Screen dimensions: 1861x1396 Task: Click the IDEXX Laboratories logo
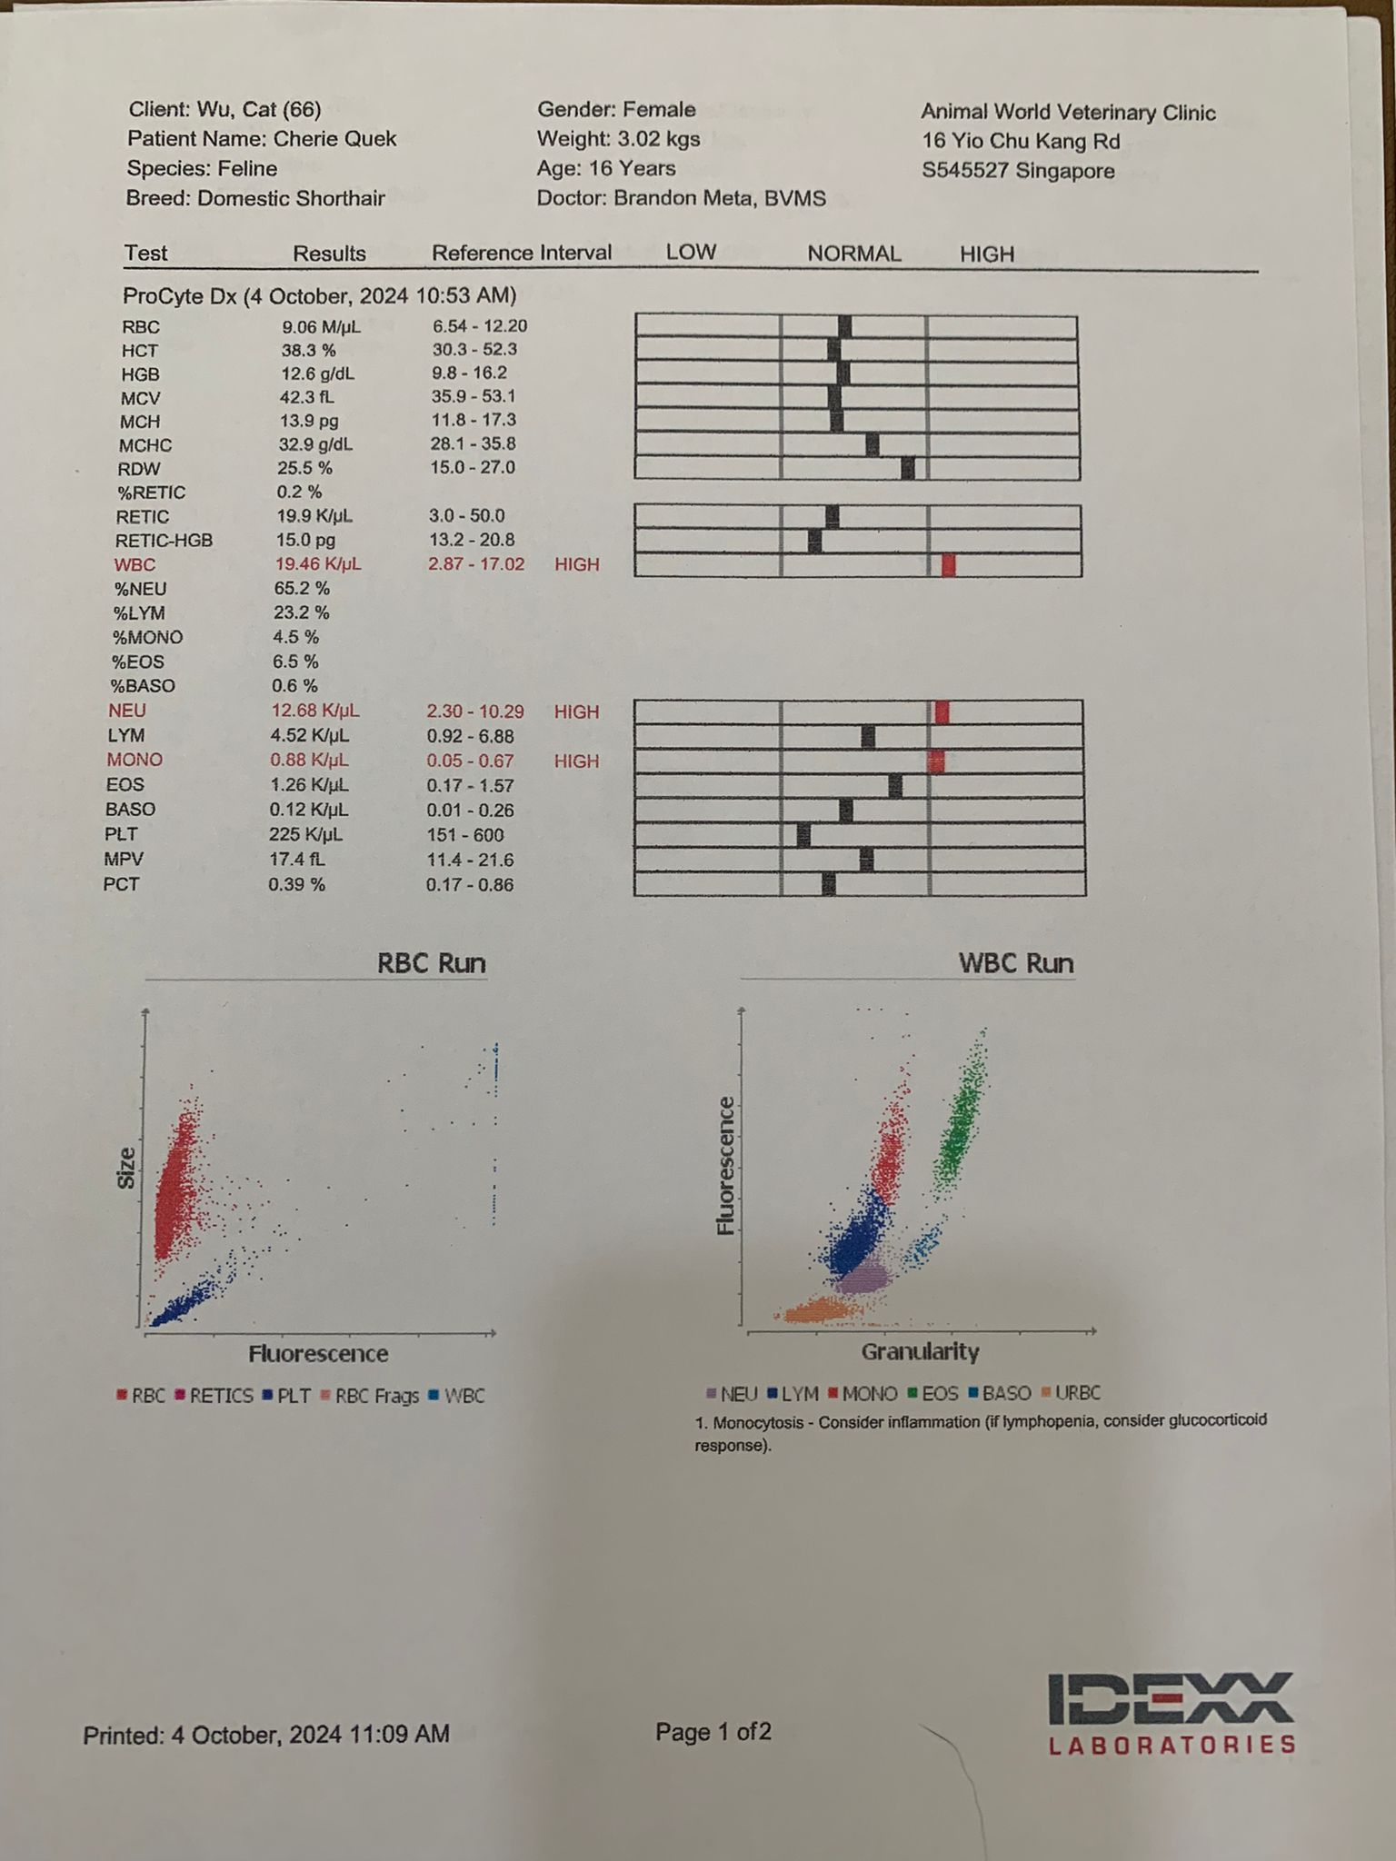pyautogui.click(x=1172, y=1712)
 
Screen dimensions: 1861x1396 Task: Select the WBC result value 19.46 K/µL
pyautogui.click(x=317, y=564)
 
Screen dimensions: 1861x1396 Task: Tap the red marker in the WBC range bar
pyautogui.click(x=948, y=565)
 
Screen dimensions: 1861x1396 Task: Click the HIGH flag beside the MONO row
pyautogui.click(x=576, y=761)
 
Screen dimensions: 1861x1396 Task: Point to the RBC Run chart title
pyautogui.click(x=431, y=963)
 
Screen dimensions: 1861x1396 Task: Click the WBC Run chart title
pyautogui.click(x=1015, y=963)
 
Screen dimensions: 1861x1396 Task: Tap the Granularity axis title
pyautogui.click(x=920, y=1352)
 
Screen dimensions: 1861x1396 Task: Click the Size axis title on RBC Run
pyautogui.click(x=126, y=1168)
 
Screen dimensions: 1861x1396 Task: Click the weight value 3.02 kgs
pyautogui.click(x=657, y=139)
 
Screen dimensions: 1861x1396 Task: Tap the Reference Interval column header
pyautogui.click(x=521, y=253)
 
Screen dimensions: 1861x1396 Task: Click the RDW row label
pyautogui.click(x=138, y=469)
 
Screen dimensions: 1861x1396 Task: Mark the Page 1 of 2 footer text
pyautogui.click(x=713, y=1732)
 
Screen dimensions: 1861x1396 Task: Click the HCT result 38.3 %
pyautogui.click(x=308, y=350)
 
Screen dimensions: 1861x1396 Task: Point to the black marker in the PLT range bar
pyautogui.click(x=803, y=835)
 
